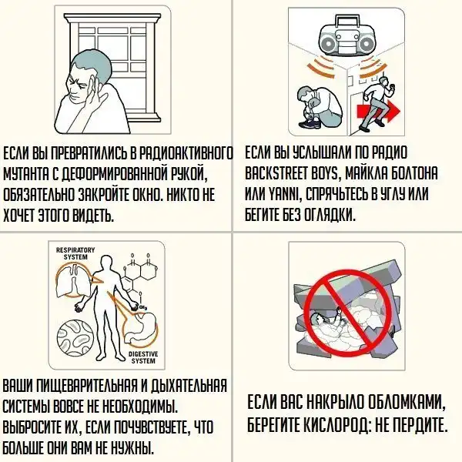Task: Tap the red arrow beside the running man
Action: tap(379, 112)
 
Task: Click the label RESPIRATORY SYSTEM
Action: tap(75, 253)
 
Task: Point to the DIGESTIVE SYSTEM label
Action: tap(143, 357)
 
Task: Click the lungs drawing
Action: tap(73, 280)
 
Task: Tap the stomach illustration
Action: tap(142, 326)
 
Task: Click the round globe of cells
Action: tap(75, 337)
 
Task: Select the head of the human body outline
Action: tap(107, 263)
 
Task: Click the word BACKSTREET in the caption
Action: tap(287, 173)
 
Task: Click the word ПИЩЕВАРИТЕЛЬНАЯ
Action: tap(88, 386)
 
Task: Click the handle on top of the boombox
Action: tap(348, 22)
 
